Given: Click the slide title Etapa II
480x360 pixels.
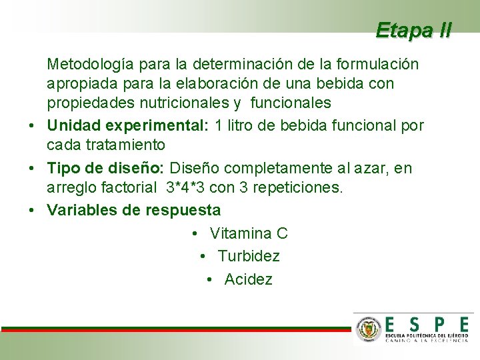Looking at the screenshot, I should pyautogui.click(x=413, y=30).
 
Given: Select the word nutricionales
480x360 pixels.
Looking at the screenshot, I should pyautogui.click(x=178, y=103).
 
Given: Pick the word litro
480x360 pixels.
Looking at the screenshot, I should pyautogui.click(x=243, y=125).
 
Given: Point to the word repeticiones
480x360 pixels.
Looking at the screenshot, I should pyautogui.click(x=297, y=188).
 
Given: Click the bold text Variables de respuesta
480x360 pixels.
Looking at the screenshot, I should pyautogui.click(x=133, y=211).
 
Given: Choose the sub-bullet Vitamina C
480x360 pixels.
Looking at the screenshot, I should pyautogui.click(x=249, y=233).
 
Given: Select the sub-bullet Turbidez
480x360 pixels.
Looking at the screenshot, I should pyautogui.click(x=249, y=256).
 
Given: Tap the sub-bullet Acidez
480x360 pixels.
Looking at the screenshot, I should pyautogui.click(x=249, y=279).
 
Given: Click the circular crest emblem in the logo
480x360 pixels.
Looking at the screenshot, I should pyautogui.click(x=369, y=330).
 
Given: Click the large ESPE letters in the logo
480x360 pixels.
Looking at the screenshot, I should pyautogui.click(x=426, y=324).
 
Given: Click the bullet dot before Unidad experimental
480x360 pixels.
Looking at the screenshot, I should pyautogui.click(x=33, y=126).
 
